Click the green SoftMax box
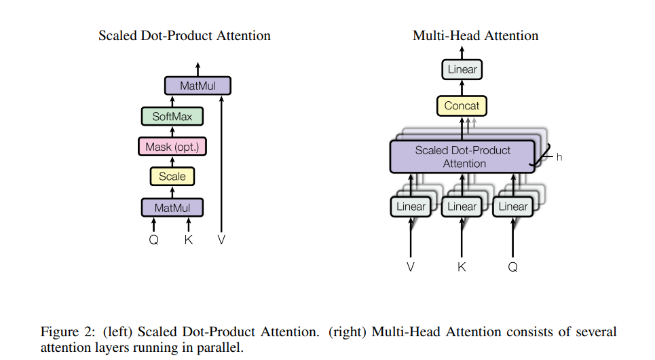coord(172,117)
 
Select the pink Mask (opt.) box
coord(172,147)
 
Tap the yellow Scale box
coord(172,177)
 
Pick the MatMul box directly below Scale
coord(172,208)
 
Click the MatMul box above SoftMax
coord(198,86)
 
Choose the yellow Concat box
coord(462,106)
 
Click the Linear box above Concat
coord(462,69)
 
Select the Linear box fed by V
coord(411,206)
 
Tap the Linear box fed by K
coord(462,206)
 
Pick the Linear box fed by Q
coord(513,206)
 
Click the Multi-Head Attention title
coord(475,35)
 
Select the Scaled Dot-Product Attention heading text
coord(185,35)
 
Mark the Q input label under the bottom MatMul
coord(154,240)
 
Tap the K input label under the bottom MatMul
coord(189,240)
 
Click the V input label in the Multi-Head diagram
coord(411,267)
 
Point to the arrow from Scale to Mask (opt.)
coord(172,162)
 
